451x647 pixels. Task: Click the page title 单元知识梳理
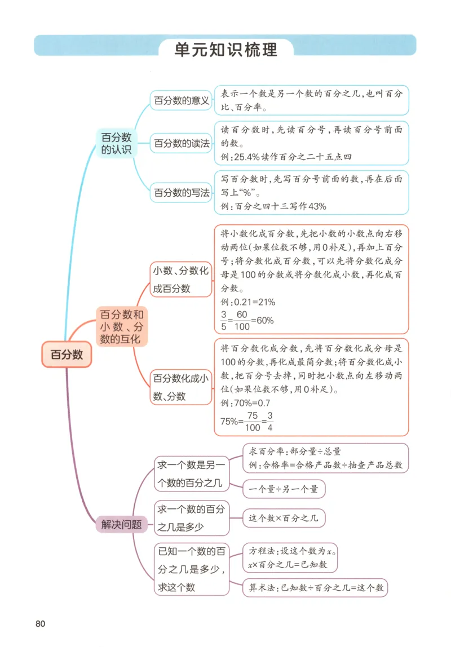tap(225, 50)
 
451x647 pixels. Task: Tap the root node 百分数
tap(67, 354)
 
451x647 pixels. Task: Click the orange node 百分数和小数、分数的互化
tap(122, 327)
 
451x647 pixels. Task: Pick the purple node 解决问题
tap(117, 524)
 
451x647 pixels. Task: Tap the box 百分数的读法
tap(182, 144)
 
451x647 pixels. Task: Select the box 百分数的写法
tap(182, 193)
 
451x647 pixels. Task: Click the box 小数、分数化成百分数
tap(180, 280)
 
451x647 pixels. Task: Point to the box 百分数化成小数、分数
tap(180, 387)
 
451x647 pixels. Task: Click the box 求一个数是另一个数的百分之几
tap(192, 473)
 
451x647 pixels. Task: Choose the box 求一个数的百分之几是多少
tap(192, 518)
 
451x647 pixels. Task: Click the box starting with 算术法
tap(315, 587)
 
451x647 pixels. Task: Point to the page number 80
tap(40, 623)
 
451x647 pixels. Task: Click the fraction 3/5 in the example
tap(223, 320)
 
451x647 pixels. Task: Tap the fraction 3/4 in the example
tap(270, 421)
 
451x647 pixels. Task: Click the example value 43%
tap(317, 206)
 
